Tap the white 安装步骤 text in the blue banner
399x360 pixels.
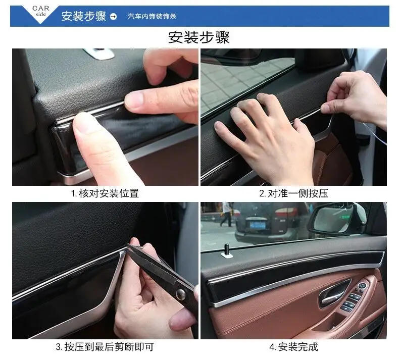83,16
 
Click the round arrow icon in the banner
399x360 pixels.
113,17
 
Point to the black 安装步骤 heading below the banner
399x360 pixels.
199,37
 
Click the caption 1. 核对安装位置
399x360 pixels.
105,193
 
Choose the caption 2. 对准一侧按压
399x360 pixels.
293,193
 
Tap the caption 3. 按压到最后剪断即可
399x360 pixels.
105,347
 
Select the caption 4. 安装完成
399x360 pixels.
293,347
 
